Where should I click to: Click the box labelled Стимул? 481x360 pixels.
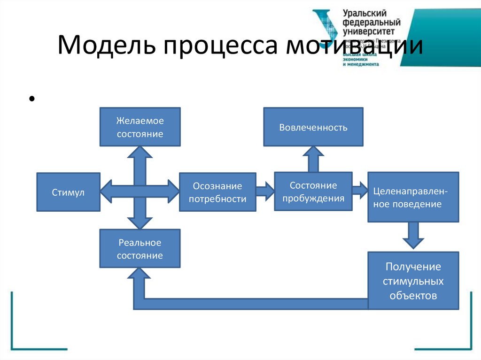coord(68,191)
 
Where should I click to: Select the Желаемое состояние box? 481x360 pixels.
coord(140,127)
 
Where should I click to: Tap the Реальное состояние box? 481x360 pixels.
coord(140,249)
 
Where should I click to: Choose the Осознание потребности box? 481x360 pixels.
coord(217,192)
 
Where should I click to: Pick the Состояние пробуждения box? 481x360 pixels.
coord(313,191)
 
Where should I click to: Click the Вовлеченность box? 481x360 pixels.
coord(313,127)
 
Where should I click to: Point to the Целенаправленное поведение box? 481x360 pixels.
coord(413,197)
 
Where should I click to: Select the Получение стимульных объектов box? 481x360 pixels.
coord(413,281)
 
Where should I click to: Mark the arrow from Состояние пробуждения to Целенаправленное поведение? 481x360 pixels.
coord(360,190)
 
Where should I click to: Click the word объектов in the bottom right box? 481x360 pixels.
coord(413,296)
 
